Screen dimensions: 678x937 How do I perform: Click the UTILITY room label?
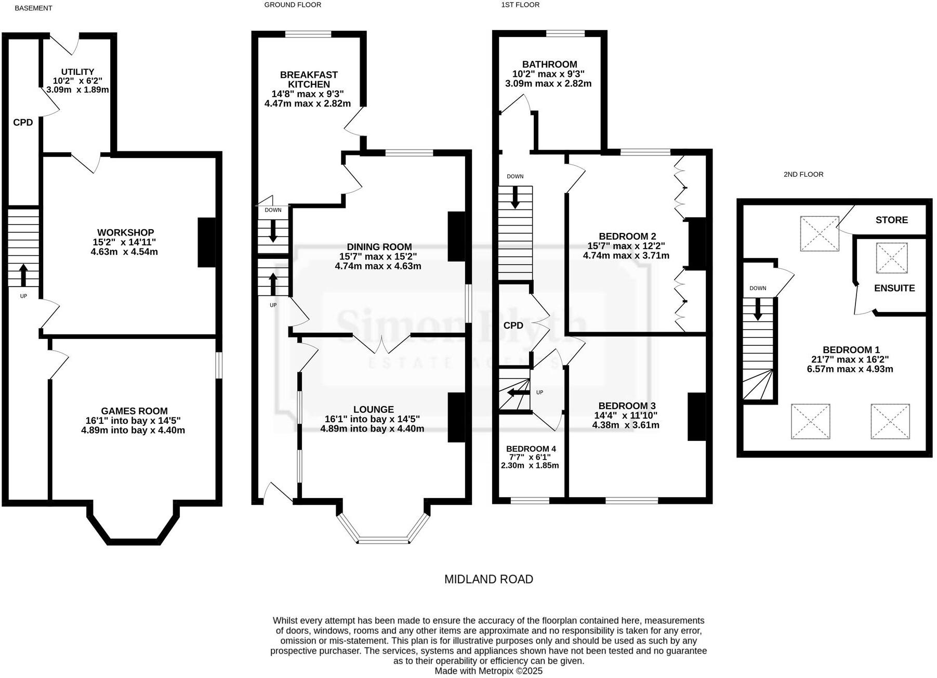click(77, 72)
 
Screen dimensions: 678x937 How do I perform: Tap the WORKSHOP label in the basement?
click(125, 232)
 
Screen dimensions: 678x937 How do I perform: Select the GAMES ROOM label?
click(134, 411)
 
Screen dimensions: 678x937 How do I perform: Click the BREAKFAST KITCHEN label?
click(309, 80)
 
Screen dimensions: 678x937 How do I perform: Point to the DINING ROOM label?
click(379, 247)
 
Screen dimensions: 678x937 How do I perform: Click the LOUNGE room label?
click(373, 410)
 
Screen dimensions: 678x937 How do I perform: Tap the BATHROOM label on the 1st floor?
click(549, 64)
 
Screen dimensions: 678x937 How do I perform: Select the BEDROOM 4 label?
click(531, 449)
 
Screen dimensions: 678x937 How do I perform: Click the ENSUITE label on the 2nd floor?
click(894, 288)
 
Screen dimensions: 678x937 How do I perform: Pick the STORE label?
click(891, 220)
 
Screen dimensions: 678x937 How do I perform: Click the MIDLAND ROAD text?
click(489, 579)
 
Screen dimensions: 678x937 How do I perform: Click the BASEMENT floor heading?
click(33, 8)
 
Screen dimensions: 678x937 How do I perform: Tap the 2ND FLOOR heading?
click(803, 175)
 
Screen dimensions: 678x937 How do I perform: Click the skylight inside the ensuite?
click(891, 257)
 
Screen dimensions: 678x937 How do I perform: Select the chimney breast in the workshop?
click(206, 242)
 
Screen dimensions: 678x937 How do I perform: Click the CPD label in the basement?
click(23, 123)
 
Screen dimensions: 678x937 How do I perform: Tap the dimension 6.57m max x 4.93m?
click(850, 369)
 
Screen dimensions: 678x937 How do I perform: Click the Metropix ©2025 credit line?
click(488, 671)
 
